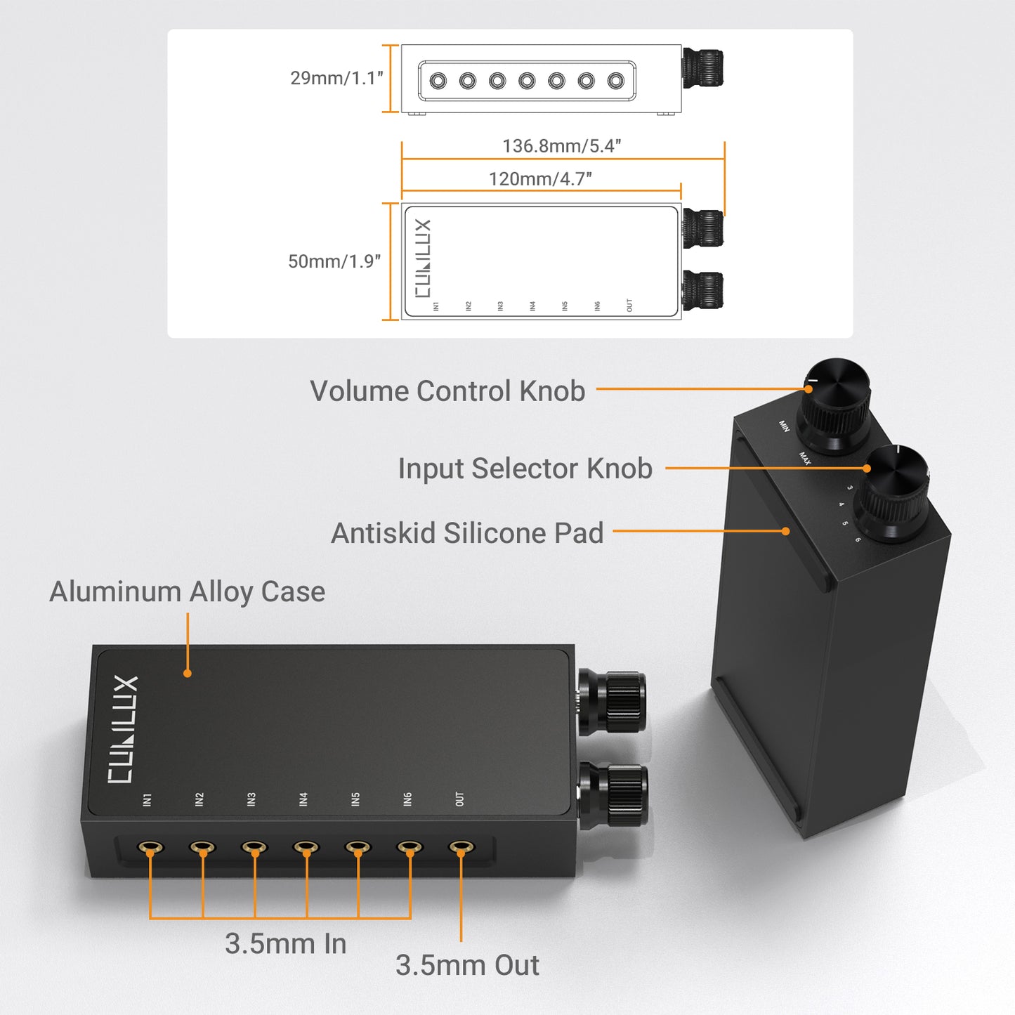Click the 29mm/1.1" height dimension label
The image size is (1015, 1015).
click(x=336, y=78)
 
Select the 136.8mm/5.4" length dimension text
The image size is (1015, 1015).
click(x=561, y=146)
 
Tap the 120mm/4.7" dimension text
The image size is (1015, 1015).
click(x=540, y=179)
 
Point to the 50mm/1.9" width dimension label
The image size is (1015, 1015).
click(x=334, y=261)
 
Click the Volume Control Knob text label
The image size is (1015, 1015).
click(x=447, y=391)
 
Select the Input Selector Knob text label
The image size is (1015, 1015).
click(x=525, y=469)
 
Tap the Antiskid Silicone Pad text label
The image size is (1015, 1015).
click(x=467, y=533)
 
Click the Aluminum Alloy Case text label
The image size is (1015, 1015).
click(x=187, y=591)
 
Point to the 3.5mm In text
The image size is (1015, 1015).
click(x=285, y=944)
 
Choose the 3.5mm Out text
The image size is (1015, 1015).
click(x=467, y=965)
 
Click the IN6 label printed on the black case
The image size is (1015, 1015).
click(x=408, y=799)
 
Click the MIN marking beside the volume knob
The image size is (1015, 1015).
click(x=784, y=426)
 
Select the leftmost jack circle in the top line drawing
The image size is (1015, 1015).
click(x=438, y=81)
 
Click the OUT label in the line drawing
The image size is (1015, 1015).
click(x=629, y=306)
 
